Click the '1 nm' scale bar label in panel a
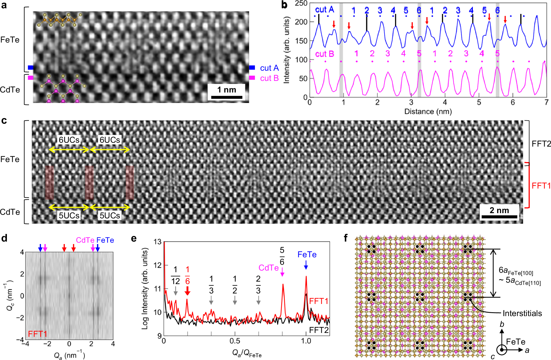pyautogui.click(x=226, y=90)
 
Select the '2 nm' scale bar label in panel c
pyautogui.click(x=499, y=210)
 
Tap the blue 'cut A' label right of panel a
pyautogui.click(x=269, y=68)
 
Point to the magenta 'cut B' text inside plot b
pyautogui.click(x=325, y=54)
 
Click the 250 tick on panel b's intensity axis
pyautogui.click(x=301, y=3)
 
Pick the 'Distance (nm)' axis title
pyautogui.click(x=428, y=112)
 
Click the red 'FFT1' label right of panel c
pyautogui.click(x=541, y=186)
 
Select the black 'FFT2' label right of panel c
pyautogui.click(x=541, y=144)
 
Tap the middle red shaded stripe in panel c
pyautogui.click(x=89, y=182)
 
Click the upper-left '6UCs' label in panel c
pyautogui.click(x=69, y=140)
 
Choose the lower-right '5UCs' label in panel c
pyautogui.click(x=110, y=215)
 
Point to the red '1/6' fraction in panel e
pyautogui.click(x=187, y=275)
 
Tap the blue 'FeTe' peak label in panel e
pyautogui.click(x=307, y=255)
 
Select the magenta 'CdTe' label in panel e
pyautogui.click(x=268, y=268)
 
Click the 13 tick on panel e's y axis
pyautogui.click(x=157, y=242)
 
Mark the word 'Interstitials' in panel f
pyautogui.click(x=522, y=313)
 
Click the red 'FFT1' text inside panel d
pyautogui.click(x=38, y=334)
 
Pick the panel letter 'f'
pyautogui.click(x=346, y=238)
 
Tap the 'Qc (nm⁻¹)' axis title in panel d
pyautogui.click(x=10, y=295)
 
